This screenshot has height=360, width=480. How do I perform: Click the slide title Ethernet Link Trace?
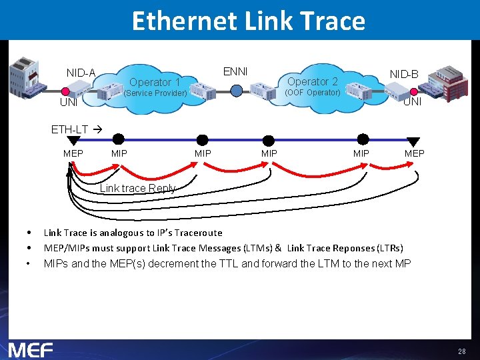click(248, 21)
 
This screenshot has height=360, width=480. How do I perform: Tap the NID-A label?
click(81, 73)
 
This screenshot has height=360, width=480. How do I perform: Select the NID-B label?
click(404, 74)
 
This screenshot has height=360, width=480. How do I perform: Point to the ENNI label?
click(235, 71)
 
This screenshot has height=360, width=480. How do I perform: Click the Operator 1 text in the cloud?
click(155, 83)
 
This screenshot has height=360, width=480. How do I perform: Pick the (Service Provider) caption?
click(156, 93)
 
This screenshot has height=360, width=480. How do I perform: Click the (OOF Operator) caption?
click(313, 93)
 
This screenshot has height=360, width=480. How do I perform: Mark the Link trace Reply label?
click(137, 188)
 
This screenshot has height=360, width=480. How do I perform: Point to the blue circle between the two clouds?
click(237, 91)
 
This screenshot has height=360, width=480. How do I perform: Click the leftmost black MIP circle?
click(119, 139)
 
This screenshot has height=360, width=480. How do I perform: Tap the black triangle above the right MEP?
click(413, 141)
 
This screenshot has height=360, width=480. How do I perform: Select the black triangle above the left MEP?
click(73, 141)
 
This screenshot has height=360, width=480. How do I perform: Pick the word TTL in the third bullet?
click(227, 263)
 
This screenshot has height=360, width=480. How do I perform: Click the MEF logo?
click(31, 349)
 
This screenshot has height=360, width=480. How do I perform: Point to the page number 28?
click(462, 351)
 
